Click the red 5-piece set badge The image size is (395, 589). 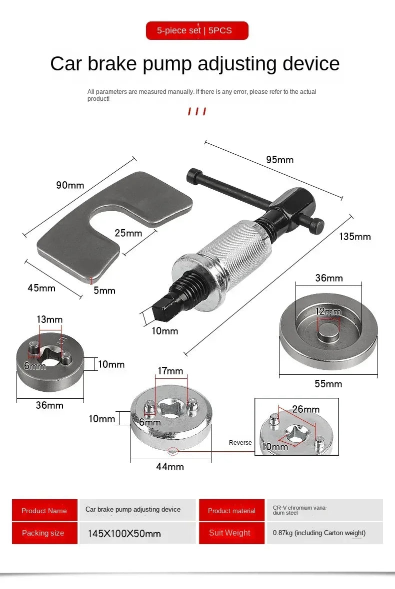(197, 30)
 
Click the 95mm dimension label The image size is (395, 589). (279, 160)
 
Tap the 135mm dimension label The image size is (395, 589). (355, 237)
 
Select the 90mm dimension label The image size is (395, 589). (70, 185)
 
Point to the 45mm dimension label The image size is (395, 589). (41, 288)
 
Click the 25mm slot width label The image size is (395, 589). (128, 233)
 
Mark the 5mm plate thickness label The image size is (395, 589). (104, 291)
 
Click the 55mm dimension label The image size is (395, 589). (328, 383)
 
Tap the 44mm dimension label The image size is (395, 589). (170, 467)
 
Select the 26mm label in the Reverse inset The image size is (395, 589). (305, 410)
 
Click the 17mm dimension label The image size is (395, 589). (170, 371)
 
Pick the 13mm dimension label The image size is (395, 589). (49, 319)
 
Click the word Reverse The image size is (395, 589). (240, 443)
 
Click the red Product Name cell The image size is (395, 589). (44, 511)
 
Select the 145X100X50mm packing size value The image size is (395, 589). (124, 534)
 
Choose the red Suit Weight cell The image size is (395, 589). (230, 533)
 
